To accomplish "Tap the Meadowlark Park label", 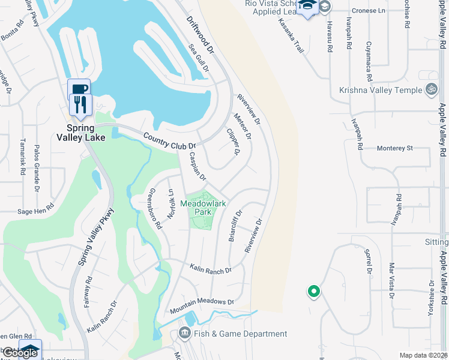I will [203, 208].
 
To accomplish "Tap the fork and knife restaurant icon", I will [79, 104].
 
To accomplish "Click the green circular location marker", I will [313, 292].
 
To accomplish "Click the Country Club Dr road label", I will [170, 141].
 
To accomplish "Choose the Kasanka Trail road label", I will [291, 35].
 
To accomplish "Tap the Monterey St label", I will [395, 148].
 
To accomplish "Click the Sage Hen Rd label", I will [36, 211].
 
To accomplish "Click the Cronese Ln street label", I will [369, 10].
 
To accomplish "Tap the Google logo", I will [20, 353].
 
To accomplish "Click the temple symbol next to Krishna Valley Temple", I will [430, 90].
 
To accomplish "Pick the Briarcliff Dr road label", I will [235, 225].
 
